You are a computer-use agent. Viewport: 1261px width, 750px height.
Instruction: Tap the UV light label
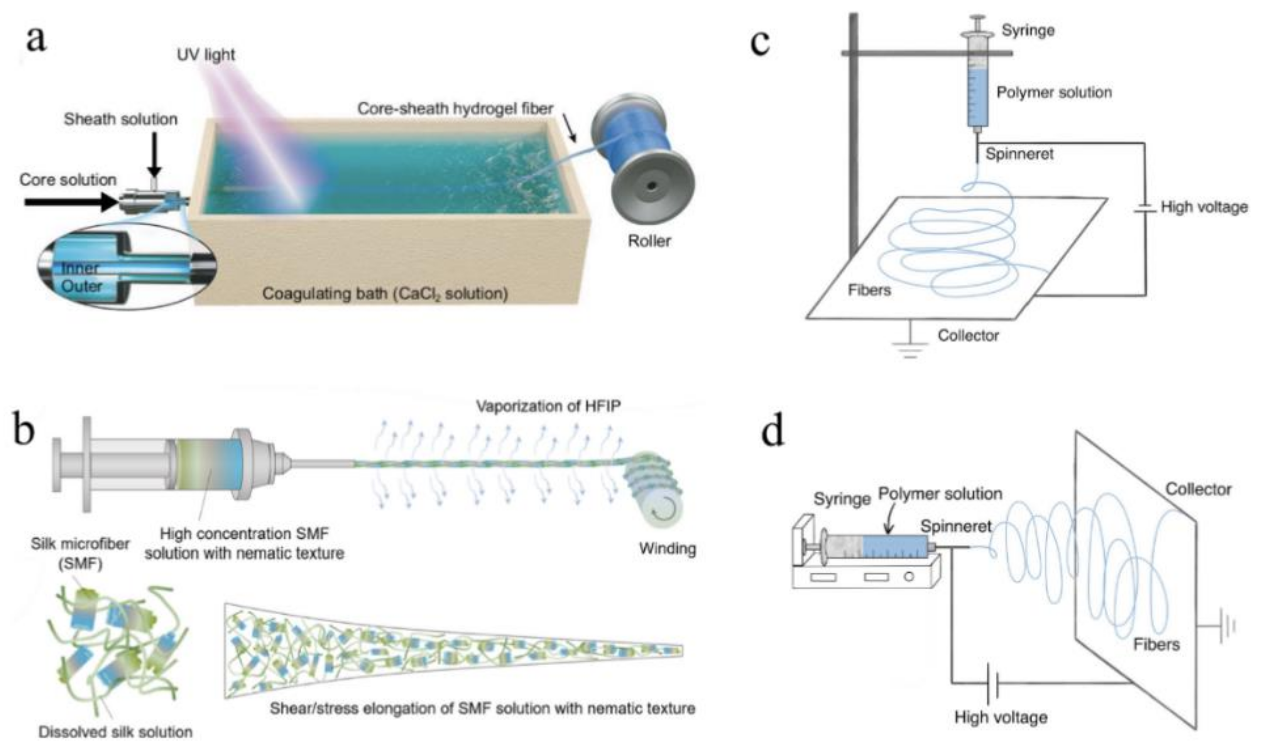(206, 54)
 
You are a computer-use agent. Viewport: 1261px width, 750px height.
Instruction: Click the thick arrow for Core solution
(71, 202)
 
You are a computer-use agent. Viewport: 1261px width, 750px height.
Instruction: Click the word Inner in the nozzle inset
(80, 268)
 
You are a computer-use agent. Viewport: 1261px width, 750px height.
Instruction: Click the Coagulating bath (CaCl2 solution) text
(385, 294)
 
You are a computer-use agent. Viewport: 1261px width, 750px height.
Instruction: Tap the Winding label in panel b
(667, 548)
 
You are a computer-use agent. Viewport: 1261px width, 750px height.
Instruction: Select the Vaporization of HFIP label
(548, 406)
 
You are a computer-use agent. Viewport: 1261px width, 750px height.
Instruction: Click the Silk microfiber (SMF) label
(80, 553)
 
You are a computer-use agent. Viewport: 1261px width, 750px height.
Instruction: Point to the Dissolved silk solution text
(115, 732)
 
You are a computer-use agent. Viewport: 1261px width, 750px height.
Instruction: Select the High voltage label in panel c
(1204, 207)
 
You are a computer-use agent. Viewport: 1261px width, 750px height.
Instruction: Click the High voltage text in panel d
(1000, 717)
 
